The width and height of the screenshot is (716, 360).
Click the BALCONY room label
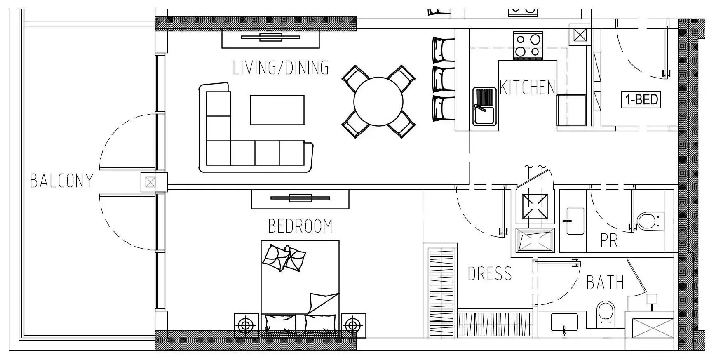pyautogui.click(x=62, y=181)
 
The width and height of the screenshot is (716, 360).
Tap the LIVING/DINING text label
pyautogui.click(x=281, y=68)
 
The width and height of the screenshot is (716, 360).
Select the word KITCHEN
pyautogui.click(x=527, y=87)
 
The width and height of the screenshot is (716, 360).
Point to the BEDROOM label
pyautogui.click(x=300, y=226)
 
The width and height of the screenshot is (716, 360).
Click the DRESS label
pyautogui.click(x=490, y=274)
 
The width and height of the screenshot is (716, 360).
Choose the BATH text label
pyautogui.click(x=605, y=283)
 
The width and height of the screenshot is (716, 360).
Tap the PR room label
pyautogui.click(x=609, y=241)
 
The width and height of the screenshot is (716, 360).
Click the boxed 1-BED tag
pyautogui.click(x=641, y=100)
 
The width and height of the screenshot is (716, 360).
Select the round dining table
pyautogui.click(x=378, y=101)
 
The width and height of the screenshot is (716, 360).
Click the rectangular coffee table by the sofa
pyautogui.click(x=277, y=110)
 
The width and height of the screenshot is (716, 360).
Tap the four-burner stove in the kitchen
pyautogui.click(x=528, y=45)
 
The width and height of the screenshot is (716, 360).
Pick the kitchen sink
pyautogui.click(x=484, y=106)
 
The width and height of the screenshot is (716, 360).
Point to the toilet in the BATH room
pyautogui.click(x=606, y=315)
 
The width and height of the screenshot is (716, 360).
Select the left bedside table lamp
pyautogui.click(x=246, y=326)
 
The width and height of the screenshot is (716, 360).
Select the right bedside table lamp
pyautogui.click(x=353, y=326)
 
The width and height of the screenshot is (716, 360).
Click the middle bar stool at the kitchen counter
pyautogui.click(x=443, y=79)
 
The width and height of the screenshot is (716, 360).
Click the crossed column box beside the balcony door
pyautogui.click(x=150, y=182)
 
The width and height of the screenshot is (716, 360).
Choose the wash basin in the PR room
pyautogui.click(x=575, y=221)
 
